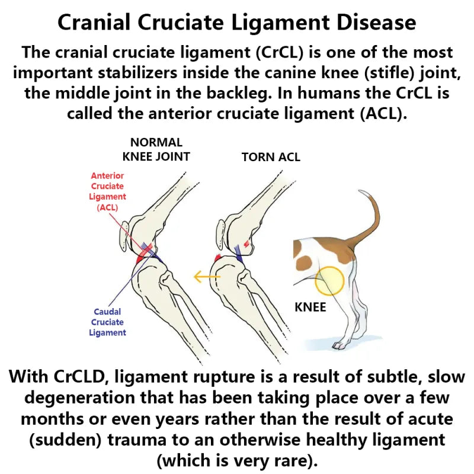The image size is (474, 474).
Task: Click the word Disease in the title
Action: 376,23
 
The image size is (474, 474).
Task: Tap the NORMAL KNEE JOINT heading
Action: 156,150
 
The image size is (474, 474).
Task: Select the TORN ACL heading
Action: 271,157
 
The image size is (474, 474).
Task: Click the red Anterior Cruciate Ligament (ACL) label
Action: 107,191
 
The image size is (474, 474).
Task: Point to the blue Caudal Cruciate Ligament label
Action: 107,322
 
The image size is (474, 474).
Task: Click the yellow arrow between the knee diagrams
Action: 207,276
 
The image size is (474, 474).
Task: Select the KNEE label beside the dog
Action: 310,308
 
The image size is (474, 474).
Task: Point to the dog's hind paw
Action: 340,345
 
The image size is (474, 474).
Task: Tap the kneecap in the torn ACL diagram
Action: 221,235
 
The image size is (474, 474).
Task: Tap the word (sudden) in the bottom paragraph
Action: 65,440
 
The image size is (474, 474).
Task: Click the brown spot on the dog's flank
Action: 304,262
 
